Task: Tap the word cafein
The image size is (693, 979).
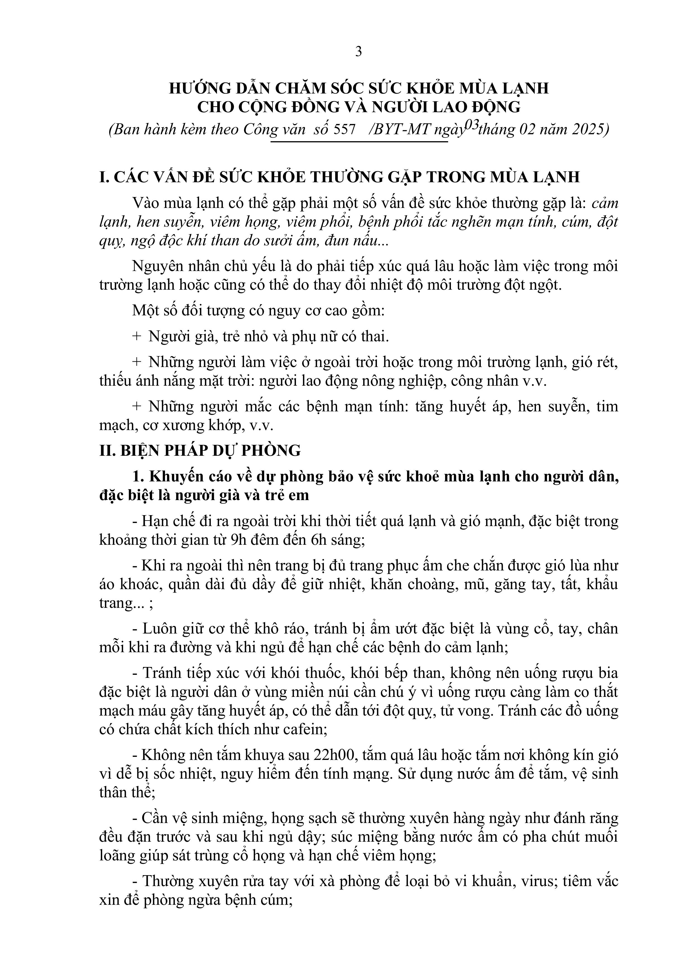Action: click(x=305, y=730)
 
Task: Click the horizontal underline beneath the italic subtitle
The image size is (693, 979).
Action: click(x=359, y=141)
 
